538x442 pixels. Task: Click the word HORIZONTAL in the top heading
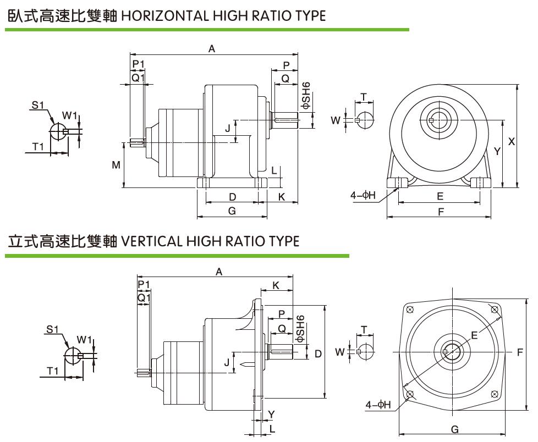(x=163, y=15)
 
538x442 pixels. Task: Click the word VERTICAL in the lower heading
(x=151, y=241)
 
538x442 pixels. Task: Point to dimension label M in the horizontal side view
(x=116, y=165)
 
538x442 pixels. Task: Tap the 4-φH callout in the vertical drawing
(x=378, y=405)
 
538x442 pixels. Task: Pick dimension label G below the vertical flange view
(x=454, y=429)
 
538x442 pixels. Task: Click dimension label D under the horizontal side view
(x=233, y=197)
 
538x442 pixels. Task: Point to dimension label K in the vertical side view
(x=276, y=285)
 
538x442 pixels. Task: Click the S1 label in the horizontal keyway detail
(x=37, y=105)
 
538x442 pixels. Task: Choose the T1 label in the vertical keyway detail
(x=52, y=371)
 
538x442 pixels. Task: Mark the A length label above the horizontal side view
(x=212, y=49)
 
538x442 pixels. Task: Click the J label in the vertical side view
(x=227, y=362)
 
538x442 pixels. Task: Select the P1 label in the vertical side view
(x=144, y=284)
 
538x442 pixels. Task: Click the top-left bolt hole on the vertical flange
(x=409, y=310)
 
